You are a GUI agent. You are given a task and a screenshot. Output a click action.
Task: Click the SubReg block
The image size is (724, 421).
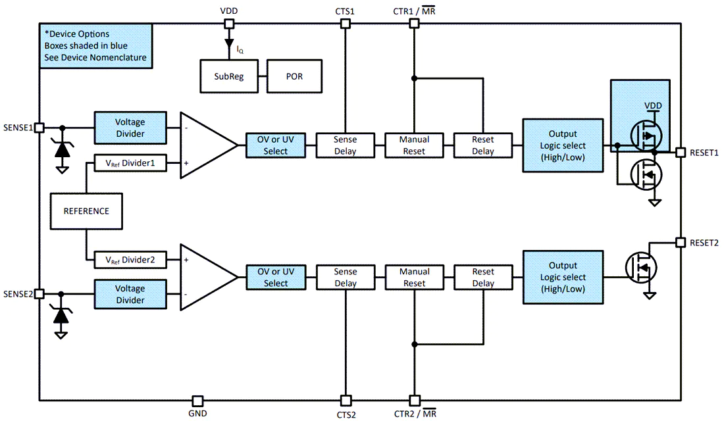(229, 76)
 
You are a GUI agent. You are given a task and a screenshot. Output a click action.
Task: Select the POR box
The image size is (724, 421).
(294, 76)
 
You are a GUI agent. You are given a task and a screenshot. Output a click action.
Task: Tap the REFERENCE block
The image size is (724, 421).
(86, 211)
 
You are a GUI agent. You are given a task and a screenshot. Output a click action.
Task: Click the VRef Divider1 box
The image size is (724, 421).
(130, 163)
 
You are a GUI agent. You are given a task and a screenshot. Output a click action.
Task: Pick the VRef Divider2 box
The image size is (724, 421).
(130, 260)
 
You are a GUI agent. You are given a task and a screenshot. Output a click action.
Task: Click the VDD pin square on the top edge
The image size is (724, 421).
(228, 24)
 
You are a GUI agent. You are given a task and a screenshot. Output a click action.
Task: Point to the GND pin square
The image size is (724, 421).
(197, 400)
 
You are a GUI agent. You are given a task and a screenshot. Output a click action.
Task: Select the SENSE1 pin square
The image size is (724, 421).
(39, 128)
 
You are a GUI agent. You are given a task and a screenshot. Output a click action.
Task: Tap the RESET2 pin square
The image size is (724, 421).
(681, 242)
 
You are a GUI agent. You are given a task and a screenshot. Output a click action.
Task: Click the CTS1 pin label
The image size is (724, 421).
(345, 11)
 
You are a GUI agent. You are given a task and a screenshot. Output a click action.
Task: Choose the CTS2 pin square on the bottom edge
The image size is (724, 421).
(346, 400)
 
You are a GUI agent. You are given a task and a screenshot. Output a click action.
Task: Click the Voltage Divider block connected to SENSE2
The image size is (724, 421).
(130, 294)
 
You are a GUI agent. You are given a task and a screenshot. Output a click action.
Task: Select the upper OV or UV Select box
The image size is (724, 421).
(276, 145)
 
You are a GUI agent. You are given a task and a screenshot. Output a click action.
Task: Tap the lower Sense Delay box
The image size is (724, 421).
(346, 278)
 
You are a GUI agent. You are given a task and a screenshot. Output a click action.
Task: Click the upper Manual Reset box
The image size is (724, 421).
(414, 145)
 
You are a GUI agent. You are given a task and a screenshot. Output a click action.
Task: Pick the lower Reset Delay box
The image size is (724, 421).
(483, 278)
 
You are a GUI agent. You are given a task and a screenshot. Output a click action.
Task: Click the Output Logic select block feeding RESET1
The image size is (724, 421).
(563, 145)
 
